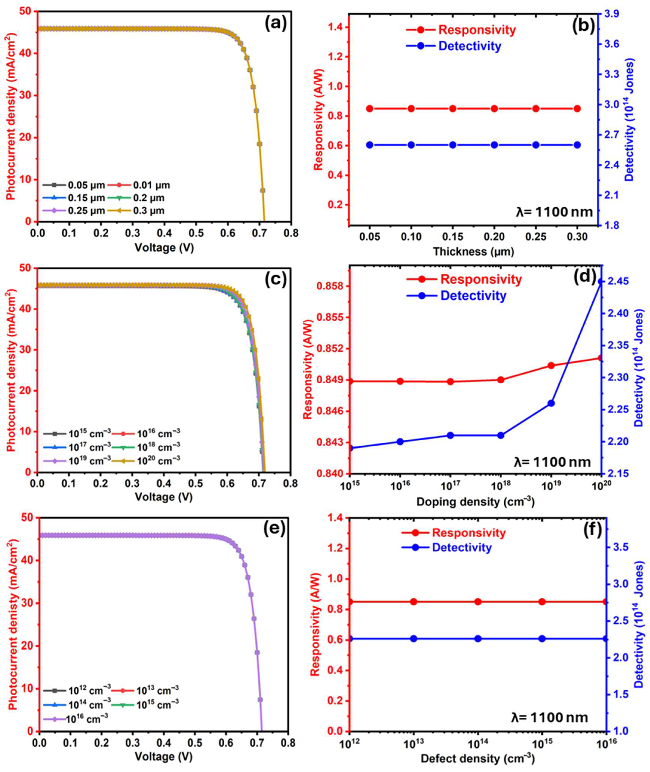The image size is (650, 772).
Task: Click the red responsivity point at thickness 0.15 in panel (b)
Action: pos(453,109)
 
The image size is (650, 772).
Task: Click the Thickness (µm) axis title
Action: pos(474,251)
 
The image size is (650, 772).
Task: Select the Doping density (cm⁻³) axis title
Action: pos(475,502)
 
